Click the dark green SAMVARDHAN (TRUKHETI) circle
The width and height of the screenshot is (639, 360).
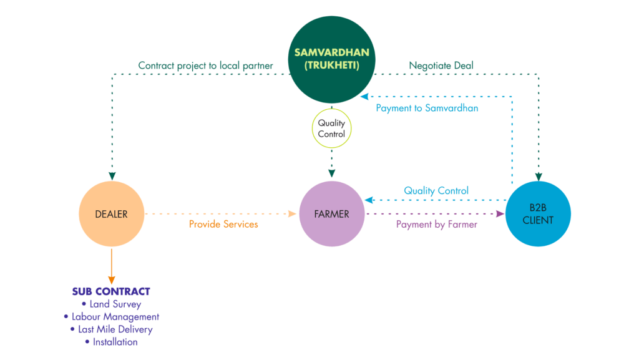tap(331, 59)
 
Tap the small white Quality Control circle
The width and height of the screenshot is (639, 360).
tap(331, 129)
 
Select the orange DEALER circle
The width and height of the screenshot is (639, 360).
tap(112, 214)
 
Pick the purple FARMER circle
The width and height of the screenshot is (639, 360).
tap(332, 214)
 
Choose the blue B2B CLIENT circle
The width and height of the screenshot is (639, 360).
tap(538, 214)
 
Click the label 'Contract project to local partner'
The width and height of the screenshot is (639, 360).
tap(205, 65)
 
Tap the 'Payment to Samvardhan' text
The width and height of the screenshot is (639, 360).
tap(427, 108)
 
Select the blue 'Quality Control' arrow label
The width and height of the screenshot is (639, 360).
tap(436, 190)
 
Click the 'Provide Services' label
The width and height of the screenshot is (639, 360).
tap(223, 224)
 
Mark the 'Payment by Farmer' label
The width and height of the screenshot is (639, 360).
tap(436, 224)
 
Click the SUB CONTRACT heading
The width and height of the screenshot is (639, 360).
tap(111, 291)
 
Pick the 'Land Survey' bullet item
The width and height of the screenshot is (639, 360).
tap(111, 304)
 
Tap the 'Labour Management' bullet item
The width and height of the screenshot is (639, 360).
tap(111, 317)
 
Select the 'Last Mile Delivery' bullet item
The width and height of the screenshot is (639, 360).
tap(111, 329)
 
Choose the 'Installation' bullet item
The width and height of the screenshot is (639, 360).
tap(111, 342)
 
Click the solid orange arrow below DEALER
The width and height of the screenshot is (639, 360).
tap(112, 265)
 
